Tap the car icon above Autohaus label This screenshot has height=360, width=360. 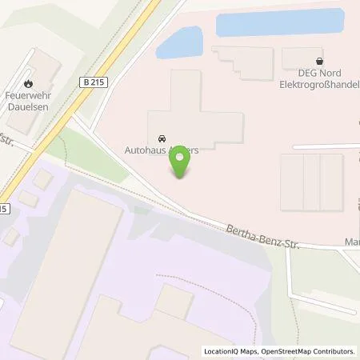pos(163,137)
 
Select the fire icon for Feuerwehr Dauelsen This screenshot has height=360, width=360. pos(30,82)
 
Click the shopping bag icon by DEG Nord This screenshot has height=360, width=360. pos(320,60)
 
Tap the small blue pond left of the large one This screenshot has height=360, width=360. pos(181,42)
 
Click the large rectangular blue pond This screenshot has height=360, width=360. pos(280,22)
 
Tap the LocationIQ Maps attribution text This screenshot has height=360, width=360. pos(227,351)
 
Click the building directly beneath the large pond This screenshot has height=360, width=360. pos(244,59)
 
